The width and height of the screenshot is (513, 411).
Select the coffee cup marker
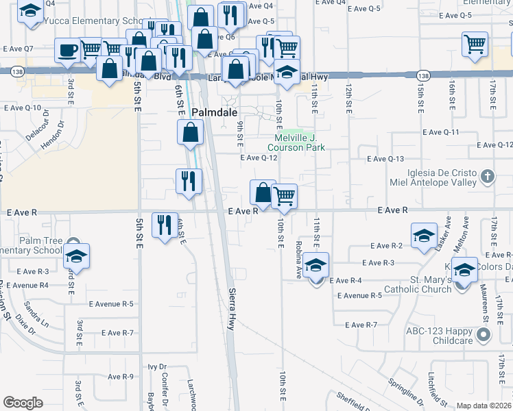(x=67, y=50)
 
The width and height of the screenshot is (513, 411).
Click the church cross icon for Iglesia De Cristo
(x=487, y=177)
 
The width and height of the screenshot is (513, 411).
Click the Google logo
(x=23, y=403)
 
